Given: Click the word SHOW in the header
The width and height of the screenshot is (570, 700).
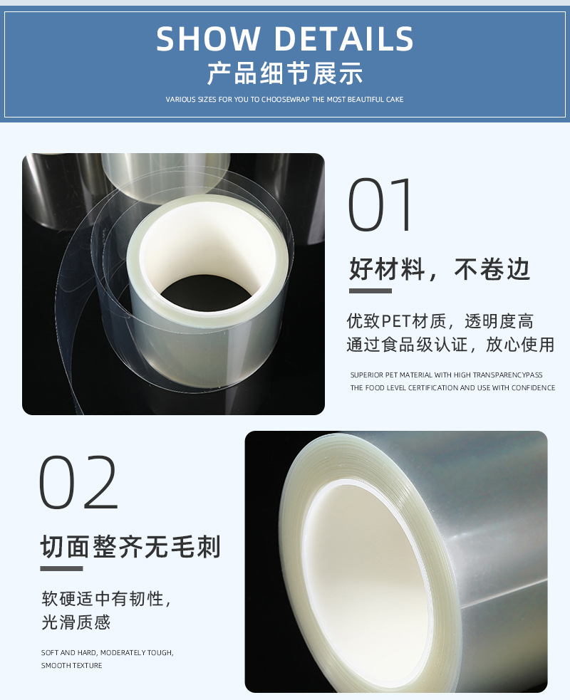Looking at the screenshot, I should [x=207, y=39].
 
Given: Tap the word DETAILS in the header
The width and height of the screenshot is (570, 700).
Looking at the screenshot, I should [x=344, y=39].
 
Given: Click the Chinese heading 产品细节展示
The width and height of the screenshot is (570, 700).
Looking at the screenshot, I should [x=285, y=73].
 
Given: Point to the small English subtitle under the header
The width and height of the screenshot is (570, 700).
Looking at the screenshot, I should [x=285, y=100].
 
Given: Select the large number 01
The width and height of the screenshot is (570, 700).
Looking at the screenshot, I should [x=381, y=206].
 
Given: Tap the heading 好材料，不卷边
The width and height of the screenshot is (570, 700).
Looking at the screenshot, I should [x=440, y=270].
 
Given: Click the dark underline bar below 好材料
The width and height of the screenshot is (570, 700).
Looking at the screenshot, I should [x=370, y=291].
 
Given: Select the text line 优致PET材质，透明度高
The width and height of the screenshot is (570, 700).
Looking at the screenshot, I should [x=440, y=321].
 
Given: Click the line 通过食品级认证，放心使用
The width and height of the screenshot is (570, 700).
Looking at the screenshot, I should [x=450, y=345].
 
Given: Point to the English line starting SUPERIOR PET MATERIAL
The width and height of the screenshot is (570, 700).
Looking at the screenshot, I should [x=446, y=375].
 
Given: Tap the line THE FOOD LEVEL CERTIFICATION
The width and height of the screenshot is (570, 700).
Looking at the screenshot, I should [x=452, y=388].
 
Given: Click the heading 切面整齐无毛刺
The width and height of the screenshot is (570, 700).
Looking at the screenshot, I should [x=130, y=547].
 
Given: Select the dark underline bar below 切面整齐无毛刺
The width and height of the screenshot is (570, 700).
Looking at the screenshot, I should [x=61, y=568].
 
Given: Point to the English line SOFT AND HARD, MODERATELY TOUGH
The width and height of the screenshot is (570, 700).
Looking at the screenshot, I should [x=107, y=652].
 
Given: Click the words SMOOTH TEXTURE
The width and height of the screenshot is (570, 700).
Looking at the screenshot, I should [x=71, y=666].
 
